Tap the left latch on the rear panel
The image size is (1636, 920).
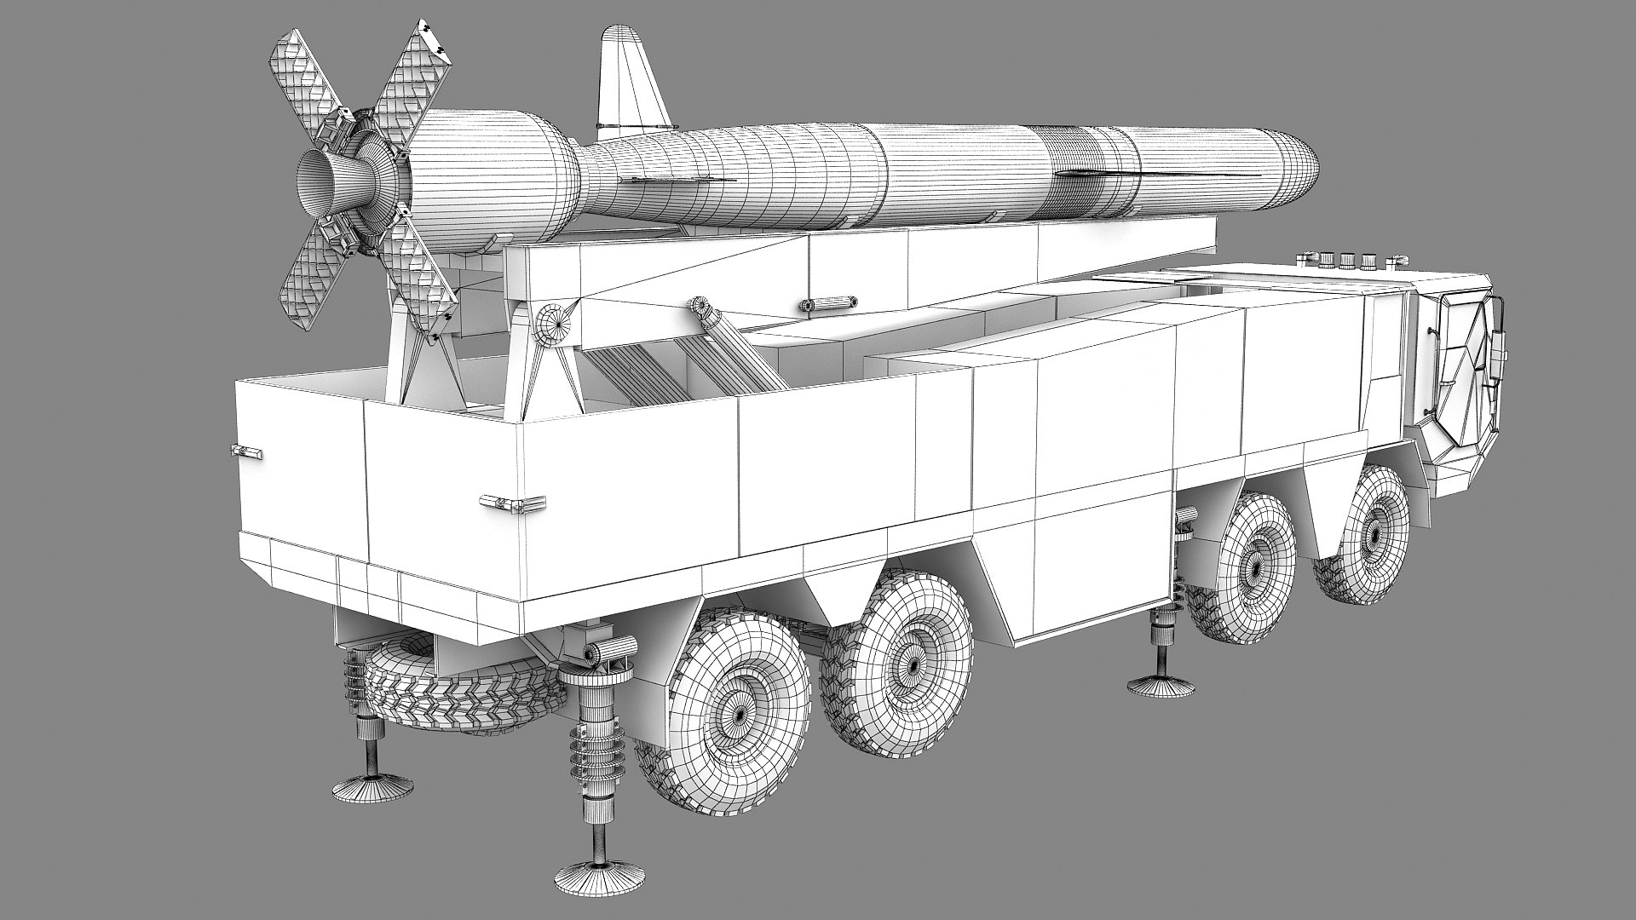click(244, 451)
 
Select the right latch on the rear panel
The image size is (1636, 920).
click(511, 502)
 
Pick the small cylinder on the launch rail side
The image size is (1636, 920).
click(827, 303)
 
